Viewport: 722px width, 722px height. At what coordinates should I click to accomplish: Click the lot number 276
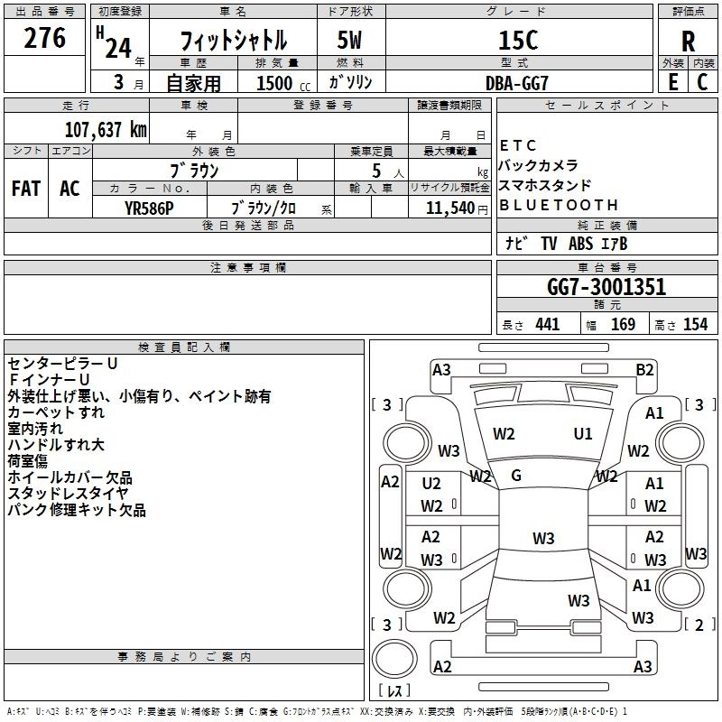pos(44,38)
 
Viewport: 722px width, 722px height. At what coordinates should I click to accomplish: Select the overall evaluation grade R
pos(688,42)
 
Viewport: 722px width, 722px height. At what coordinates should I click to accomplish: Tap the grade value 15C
pos(517,41)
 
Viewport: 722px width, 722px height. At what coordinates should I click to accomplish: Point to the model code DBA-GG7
pos(517,81)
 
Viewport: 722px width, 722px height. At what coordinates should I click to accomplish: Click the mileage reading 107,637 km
pos(106,129)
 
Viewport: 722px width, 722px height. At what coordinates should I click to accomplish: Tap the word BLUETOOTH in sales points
pos(559,205)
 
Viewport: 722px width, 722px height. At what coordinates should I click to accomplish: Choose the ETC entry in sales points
pos(518,145)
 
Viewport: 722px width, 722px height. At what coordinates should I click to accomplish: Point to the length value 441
pos(547,325)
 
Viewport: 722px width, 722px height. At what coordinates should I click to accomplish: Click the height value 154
pos(695,325)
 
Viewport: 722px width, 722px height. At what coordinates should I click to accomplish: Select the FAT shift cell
pos(25,188)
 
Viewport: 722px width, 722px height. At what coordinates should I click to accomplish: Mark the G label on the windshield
pos(516,475)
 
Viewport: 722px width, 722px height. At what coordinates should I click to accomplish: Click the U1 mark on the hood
pos(583,434)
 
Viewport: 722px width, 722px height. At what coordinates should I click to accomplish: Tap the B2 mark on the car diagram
pos(644,369)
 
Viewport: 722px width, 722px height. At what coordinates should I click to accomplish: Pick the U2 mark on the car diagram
pos(431,484)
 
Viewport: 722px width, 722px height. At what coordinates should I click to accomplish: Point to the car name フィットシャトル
pos(234,41)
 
